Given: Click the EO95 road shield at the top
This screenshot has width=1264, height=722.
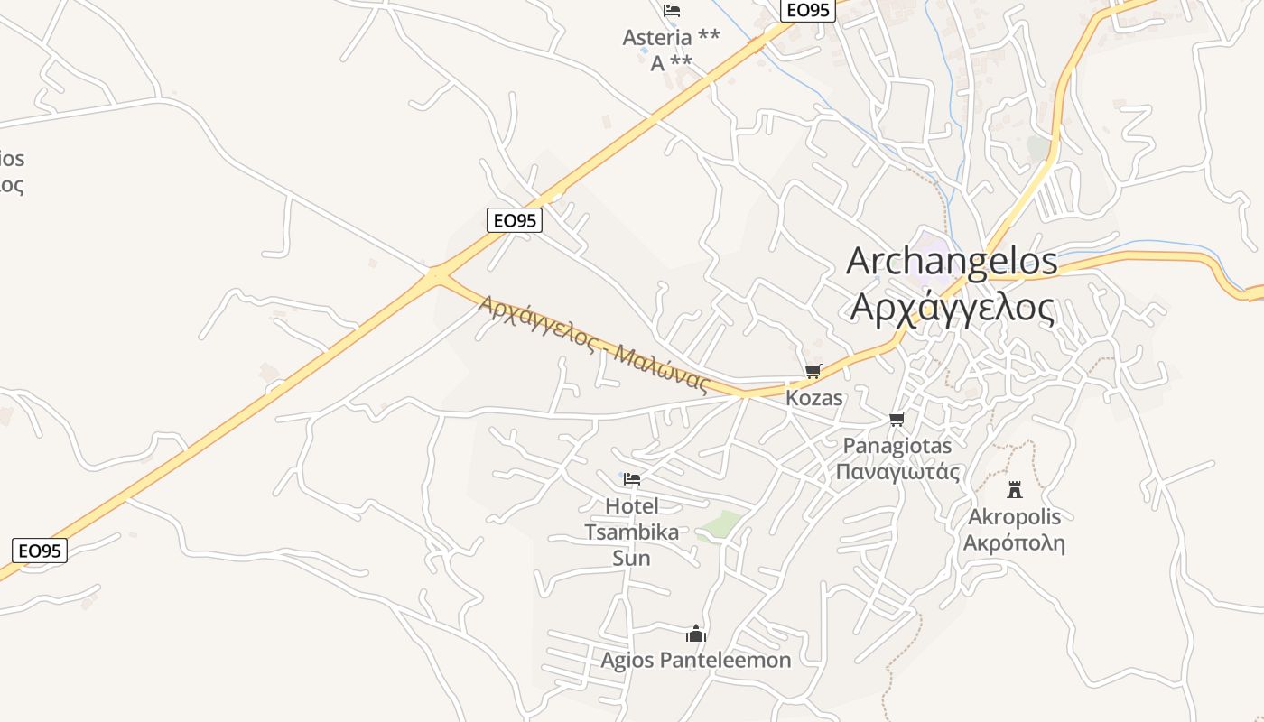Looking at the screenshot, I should tap(807, 10).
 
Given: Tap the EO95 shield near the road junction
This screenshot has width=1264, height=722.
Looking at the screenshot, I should tap(514, 220).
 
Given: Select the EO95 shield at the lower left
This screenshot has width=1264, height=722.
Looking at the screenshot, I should tap(40, 551).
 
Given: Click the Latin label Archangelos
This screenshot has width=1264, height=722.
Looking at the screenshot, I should tap(952, 261).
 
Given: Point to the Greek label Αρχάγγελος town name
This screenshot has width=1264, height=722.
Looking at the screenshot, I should tap(952, 308).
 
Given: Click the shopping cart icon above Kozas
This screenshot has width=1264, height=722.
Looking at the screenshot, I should tap(813, 371).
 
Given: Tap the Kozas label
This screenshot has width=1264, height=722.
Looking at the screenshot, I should tap(814, 398).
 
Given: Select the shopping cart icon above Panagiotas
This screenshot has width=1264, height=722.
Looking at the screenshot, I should tap(897, 419).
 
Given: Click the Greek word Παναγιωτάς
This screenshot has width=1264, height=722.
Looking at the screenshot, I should tap(897, 472).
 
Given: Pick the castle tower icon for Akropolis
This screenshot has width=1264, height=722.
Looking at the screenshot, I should tap(1015, 490).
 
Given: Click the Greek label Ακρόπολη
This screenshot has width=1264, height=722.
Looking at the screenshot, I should tap(1014, 544).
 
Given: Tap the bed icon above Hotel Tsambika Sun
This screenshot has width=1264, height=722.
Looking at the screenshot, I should tap(632, 478).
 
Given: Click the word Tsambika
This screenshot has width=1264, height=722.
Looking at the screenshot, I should tap(631, 532).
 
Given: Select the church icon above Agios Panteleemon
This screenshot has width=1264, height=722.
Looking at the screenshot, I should tap(695, 634).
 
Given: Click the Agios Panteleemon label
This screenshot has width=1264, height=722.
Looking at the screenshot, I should tap(695, 661).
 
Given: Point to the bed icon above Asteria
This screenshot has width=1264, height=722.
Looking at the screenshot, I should tap(671, 11).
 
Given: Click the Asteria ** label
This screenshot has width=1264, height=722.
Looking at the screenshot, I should tap(671, 38).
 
